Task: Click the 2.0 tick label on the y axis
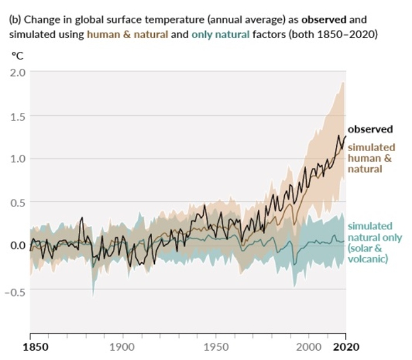click(18, 72)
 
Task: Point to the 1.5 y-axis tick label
click(18, 116)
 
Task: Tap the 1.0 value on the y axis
click(18, 159)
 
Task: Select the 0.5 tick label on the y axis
click(18, 202)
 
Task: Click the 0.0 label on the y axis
click(18, 245)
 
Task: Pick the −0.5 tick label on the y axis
click(15, 289)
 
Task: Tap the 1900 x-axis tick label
click(123, 347)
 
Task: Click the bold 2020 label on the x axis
click(345, 347)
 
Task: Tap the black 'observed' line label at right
click(370, 129)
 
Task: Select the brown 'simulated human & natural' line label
click(371, 158)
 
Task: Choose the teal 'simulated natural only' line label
click(374, 242)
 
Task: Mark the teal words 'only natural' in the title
click(216, 34)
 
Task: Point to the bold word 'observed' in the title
click(330, 19)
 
